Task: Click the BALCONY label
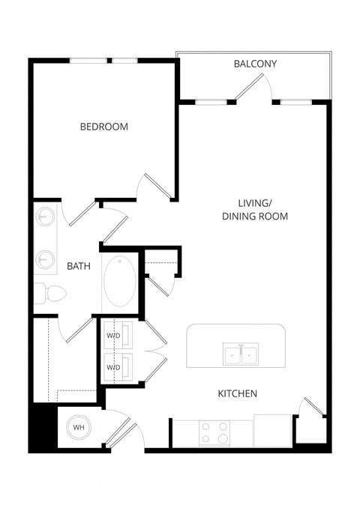pos(255,64)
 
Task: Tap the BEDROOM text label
pos(104,127)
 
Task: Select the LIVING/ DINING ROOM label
pos(254,209)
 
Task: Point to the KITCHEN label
pos(238,393)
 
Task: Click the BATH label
pos(79,266)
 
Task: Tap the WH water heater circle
pos(78,428)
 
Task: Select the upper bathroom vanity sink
pos(44,217)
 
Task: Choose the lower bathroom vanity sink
pos(44,259)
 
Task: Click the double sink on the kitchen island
pos(241,354)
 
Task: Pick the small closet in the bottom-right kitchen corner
pos(311,430)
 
